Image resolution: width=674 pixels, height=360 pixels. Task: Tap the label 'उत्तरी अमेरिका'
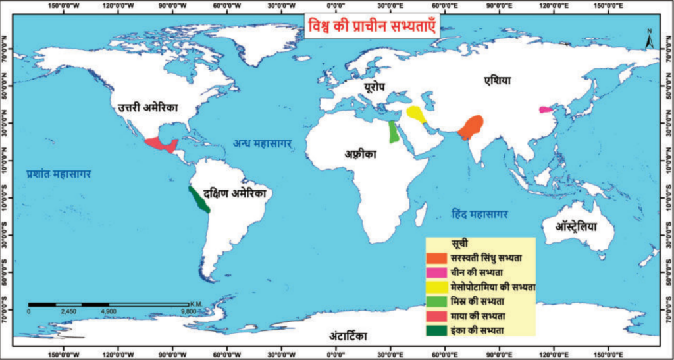[148, 107]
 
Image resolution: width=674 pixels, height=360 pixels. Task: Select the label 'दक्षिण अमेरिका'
[235, 194]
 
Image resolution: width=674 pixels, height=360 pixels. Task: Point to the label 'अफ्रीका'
[359, 155]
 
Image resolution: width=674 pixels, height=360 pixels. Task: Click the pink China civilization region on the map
[546, 109]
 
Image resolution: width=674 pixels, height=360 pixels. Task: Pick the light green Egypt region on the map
[393, 132]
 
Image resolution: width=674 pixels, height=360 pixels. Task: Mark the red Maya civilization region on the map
[161, 144]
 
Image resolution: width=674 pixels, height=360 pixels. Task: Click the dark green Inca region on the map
[198, 199]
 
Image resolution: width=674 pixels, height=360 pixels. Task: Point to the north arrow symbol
[649, 39]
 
